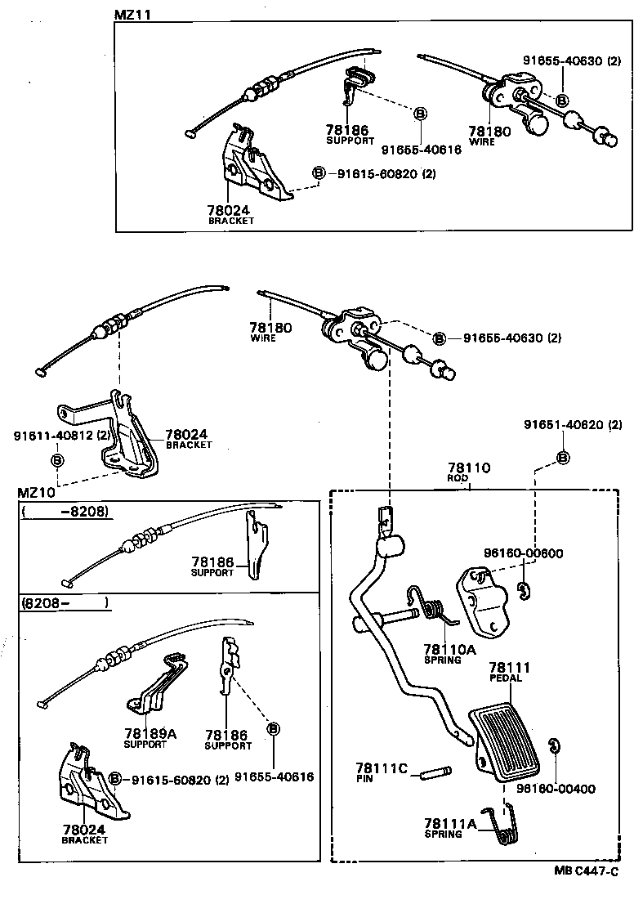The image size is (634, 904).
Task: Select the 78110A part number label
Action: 449,650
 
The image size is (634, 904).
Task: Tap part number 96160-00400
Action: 556,789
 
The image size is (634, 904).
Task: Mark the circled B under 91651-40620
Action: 564,458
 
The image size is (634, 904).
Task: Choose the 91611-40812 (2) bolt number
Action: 61,436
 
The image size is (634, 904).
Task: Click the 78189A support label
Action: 145,734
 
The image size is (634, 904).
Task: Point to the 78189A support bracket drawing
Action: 155,682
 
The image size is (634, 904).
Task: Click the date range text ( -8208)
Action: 65,512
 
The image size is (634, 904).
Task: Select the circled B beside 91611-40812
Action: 58,460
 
